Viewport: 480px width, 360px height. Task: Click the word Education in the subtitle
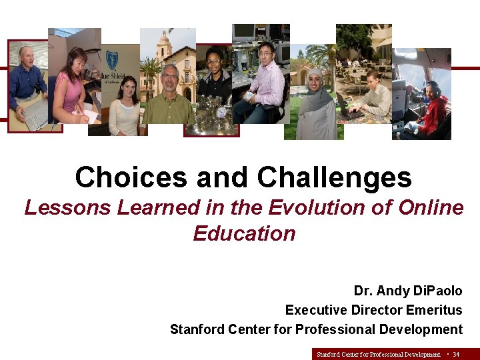pyautogui.click(x=244, y=234)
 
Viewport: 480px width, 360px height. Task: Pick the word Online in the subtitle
pyautogui.click(x=430, y=208)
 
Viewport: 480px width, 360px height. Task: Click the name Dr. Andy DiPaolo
pyautogui.click(x=407, y=291)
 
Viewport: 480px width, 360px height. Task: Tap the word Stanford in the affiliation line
pyautogui.click(x=198, y=329)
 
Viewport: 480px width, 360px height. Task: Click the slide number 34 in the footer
pyautogui.click(x=456, y=355)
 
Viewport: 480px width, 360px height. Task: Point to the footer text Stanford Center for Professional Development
pyautogui.click(x=378, y=355)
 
